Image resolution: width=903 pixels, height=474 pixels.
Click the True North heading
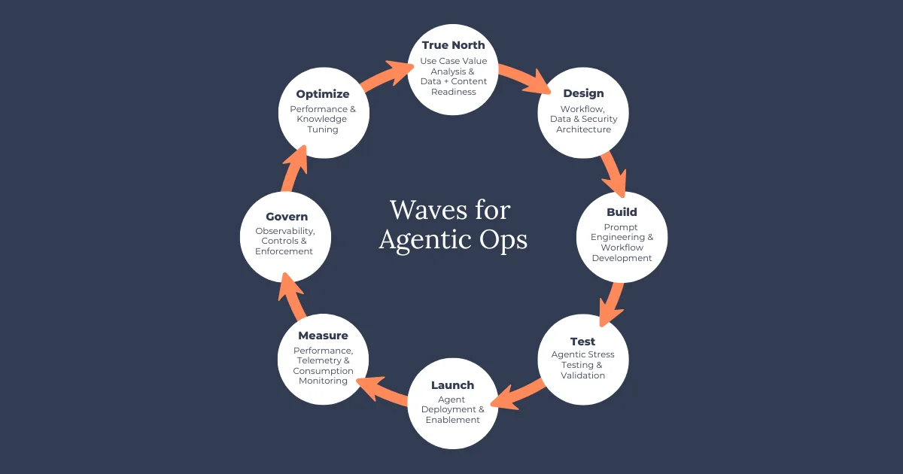tap(453, 45)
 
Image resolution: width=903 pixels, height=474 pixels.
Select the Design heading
tap(583, 93)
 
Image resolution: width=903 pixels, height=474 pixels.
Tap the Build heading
tap(622, 212)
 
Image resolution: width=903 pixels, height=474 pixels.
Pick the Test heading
tap(583, 342)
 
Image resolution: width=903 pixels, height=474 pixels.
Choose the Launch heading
tap(453, 385)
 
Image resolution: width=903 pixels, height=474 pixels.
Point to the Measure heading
tap(323, 336)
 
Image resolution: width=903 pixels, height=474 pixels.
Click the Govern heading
tap(287, 217)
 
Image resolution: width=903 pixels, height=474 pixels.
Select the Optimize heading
tap(323, 94)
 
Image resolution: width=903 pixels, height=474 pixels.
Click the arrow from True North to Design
tap(523, 77)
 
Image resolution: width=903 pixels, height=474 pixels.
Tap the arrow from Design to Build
tap(615, 174)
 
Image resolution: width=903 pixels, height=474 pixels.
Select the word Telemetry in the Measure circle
tap(309, 360)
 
